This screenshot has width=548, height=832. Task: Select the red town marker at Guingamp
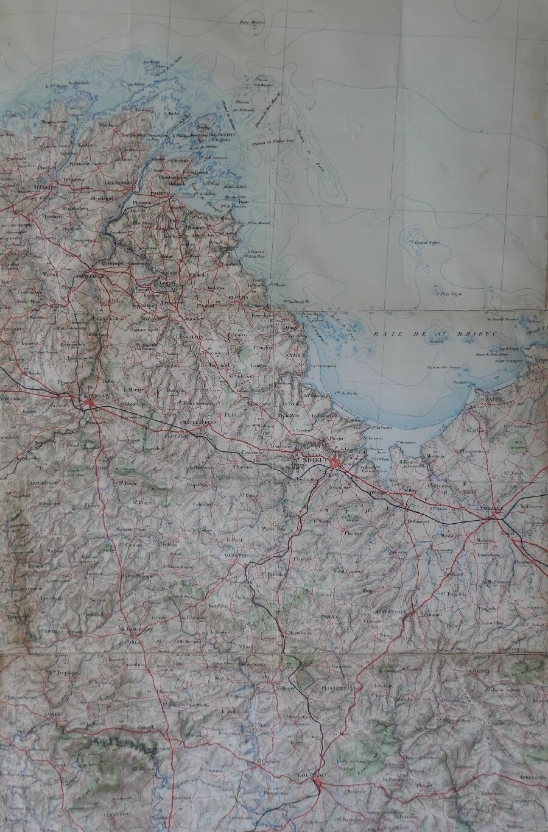(x=89, y=404)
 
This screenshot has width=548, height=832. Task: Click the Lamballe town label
(x=492, y=508)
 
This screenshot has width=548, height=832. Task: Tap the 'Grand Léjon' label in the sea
(x=427, y=243)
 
